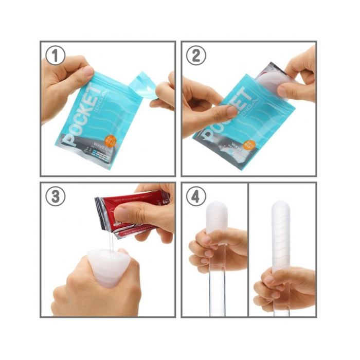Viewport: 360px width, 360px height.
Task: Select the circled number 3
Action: pyautogui.click(x=55, y=196)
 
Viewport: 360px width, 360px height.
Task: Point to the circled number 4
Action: pyautogui.click(x=195, y=196)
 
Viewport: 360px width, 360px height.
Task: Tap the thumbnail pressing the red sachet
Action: pyautogui.click(x=122, y=214)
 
